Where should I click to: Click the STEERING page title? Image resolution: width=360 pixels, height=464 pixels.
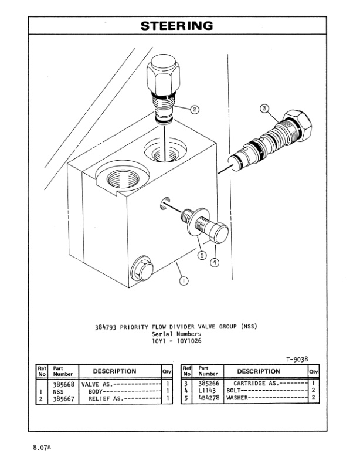(176, 26)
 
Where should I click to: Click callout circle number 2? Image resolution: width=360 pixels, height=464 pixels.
(195, 109)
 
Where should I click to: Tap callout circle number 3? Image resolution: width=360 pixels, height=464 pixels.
(264, 109)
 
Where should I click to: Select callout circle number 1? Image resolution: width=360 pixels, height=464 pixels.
(183, 282)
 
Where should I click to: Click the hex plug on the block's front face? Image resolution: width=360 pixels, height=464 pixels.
(141, 268)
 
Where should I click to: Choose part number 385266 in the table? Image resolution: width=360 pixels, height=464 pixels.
(208, 384)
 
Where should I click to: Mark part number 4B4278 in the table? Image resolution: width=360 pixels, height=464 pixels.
(208, 398)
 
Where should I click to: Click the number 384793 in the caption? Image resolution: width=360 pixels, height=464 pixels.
(106, 327)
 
